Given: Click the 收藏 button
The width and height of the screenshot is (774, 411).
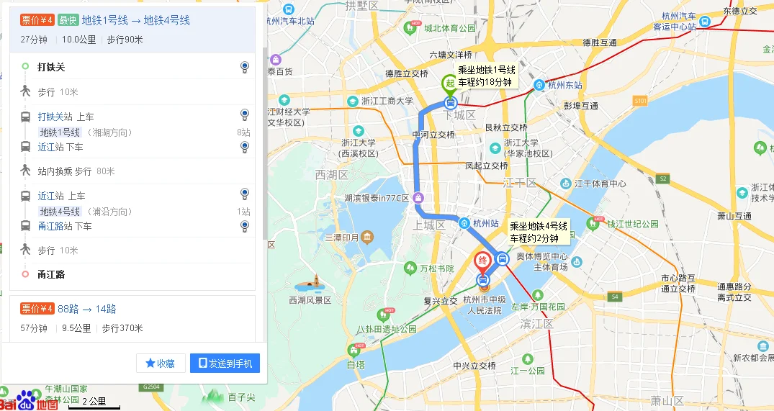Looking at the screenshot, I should pos(161,363).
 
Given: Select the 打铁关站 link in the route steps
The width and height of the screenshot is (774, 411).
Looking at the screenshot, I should pos(55,117).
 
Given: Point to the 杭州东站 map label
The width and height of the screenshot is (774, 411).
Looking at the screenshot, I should pos(564,85).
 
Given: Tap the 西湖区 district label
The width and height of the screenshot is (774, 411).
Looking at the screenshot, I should pos(331,175).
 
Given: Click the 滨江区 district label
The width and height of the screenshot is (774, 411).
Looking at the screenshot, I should pos(536,325).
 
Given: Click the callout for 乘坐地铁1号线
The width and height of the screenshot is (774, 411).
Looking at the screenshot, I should pos(487,76).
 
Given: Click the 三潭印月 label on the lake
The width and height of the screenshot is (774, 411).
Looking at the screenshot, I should pos(341,238).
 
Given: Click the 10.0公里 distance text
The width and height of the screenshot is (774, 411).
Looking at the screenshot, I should pos(78,40).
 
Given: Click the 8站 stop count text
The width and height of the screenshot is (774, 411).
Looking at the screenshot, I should pos(243,132).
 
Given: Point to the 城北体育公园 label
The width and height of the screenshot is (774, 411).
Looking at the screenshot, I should pos(449,28).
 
